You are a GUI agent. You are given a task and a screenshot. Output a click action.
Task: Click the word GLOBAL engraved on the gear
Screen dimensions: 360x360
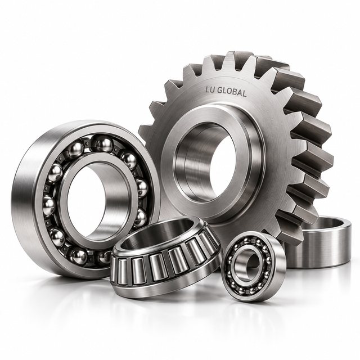[x=232, y=92]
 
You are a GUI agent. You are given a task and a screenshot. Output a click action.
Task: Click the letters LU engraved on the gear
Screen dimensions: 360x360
[x=210, y=90]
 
